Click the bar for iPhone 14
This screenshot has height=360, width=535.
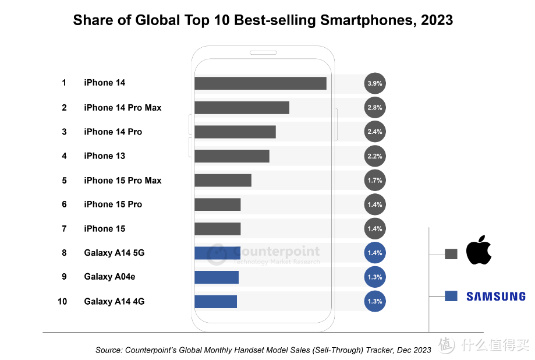click(x=260, y=83)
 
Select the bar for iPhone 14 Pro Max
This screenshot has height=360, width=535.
click(x=242, y=108)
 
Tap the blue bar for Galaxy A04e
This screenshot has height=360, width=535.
click(x=217, y=277)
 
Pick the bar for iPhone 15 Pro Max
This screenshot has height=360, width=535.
click(x=223, y=181)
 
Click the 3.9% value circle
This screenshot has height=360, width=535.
click(x=375, y=83)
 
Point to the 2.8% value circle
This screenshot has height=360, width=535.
click(x=375, y=108)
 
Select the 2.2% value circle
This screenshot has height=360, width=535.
click(x=375, y=156)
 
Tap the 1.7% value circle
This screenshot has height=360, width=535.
click(x=375, y=181)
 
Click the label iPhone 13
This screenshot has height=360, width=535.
click(x=104, y=156)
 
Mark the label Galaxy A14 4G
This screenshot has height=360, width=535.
click(x=114, y=301)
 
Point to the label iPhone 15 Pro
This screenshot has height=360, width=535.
click(x=113, y=204)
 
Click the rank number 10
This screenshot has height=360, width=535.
click(x=62, y=301)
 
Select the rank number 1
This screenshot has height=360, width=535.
click(x=64, y=83)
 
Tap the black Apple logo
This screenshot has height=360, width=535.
click(x=479, y=251)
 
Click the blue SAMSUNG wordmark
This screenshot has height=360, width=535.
click(x=495, y=297)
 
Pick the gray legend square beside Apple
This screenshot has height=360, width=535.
click(x=451, y=254)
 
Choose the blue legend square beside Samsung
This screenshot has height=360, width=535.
click(x=451, y=296)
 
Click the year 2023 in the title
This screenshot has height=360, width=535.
click(x=431, y=20)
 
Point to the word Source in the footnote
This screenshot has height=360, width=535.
click(x=108, y=350)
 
